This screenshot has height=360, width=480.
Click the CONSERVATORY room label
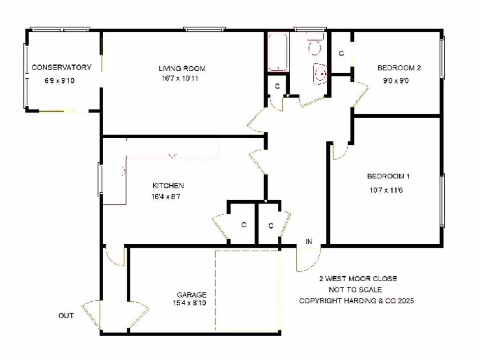pos(61,67)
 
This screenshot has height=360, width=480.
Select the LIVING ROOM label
pos(182,68)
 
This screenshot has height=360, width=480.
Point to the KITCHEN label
pos(168,186)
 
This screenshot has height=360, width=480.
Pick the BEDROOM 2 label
pos(399,68)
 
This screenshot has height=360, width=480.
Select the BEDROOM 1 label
pos(388,176)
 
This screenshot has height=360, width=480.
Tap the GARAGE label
pos(191,295)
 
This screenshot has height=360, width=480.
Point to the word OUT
pos(66,315)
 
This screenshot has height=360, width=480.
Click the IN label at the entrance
pos(309,242)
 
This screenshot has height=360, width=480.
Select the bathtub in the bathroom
pos(277,52)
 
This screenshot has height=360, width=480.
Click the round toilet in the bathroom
pos(315,47)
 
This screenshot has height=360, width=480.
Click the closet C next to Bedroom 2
pos(341,53)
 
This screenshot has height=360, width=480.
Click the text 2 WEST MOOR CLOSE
pos(358,278)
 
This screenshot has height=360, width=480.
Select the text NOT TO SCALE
pos(355,290)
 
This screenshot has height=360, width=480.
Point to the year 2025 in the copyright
pos(405,301)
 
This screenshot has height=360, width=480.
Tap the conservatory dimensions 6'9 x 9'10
pos(60,81)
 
